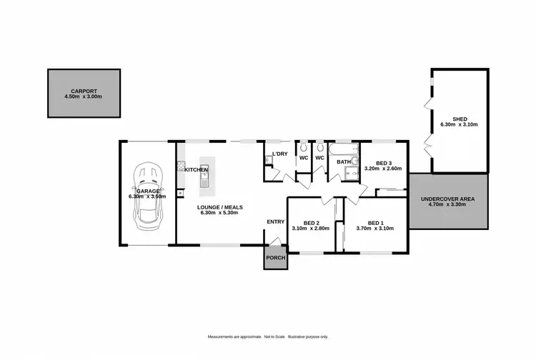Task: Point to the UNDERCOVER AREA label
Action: point(447,199)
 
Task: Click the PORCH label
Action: point(275,257)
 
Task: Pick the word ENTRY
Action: point(276,222)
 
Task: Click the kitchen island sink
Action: point(204,171)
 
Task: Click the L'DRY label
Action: point(279,154)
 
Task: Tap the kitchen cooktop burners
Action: point(181,169)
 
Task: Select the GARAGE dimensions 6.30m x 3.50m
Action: point(147,196)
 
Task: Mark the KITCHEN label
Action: point(196,169)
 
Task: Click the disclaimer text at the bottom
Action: point(267,336)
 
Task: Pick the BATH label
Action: point(344,162)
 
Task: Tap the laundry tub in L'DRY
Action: point(269,160)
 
